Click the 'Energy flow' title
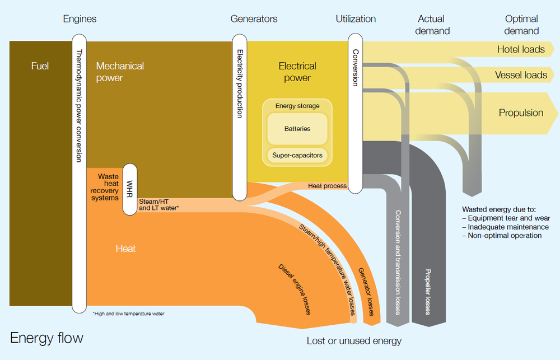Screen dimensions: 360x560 point(46,338)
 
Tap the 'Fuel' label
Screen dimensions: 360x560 point(40,66)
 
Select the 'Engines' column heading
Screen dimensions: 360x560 point(80,19)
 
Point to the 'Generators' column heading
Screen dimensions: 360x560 point(254,19)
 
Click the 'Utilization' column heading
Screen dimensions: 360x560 point(356,19)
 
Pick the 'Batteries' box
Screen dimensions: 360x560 point(297,129)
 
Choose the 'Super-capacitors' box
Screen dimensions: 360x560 point(297,155)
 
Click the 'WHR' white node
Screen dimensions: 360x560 point(130,189)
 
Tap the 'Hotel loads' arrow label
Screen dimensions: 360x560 point(521,49)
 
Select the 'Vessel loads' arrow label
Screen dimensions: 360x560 point(521,75)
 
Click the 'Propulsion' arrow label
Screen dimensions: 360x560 point(521,113)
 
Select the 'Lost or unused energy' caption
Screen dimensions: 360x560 point(354,341)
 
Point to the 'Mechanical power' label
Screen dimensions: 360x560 point(120,72)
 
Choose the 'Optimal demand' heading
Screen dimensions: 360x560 point(521,25)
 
